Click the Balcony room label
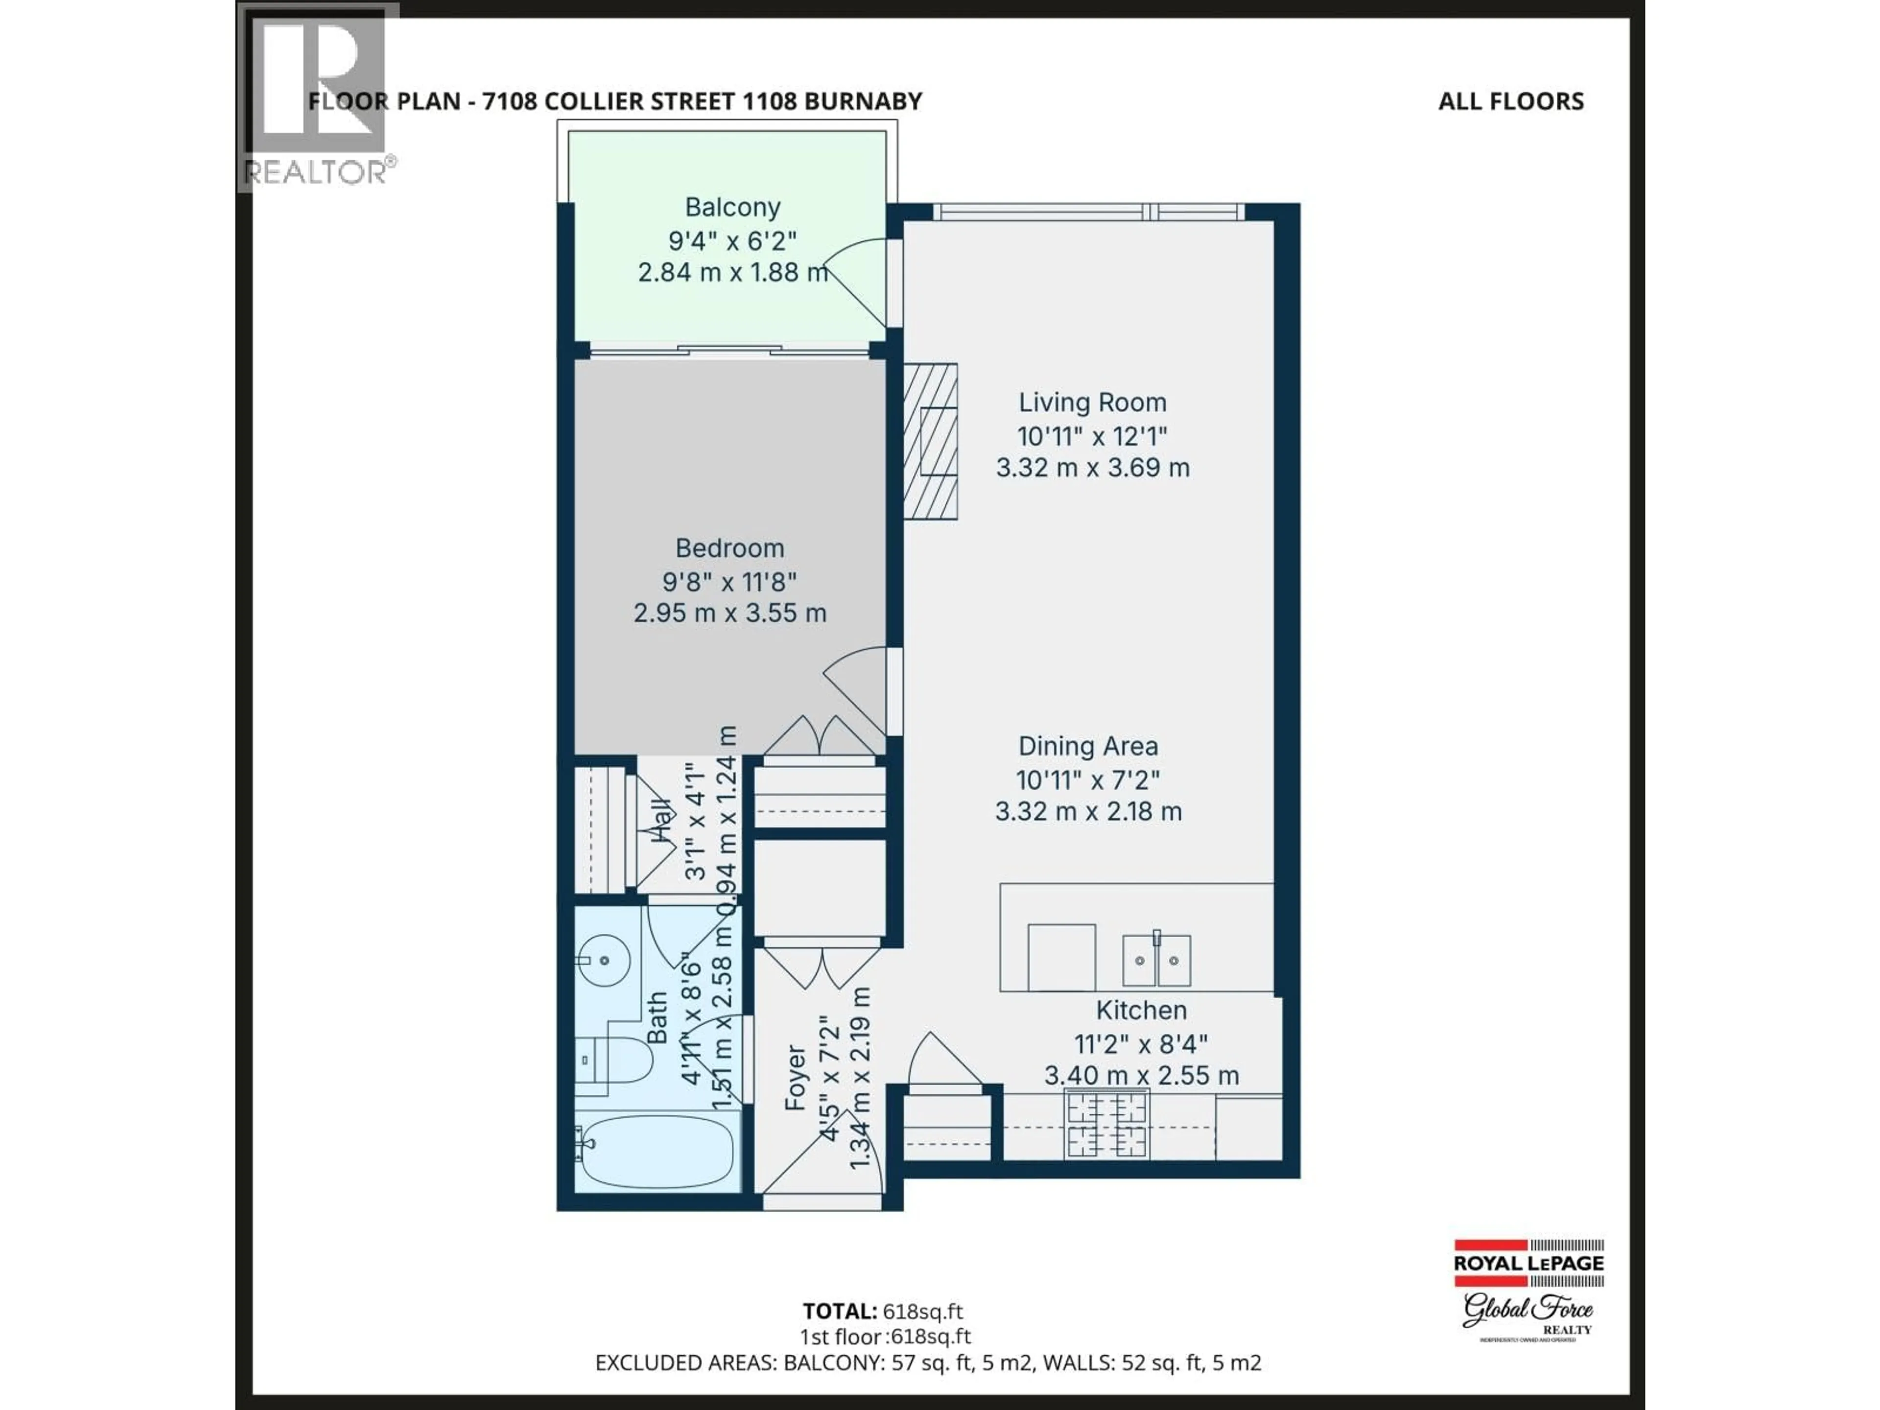732,208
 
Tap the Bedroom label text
729,548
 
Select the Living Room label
1092,402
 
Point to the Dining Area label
1088,746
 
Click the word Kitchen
1141,1010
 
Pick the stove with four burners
1106,1125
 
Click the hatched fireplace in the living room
931,441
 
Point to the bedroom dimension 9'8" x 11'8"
729,582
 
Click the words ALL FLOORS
1510,102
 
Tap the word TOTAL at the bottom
839,1312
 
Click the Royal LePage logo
1528,1264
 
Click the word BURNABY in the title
863,102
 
